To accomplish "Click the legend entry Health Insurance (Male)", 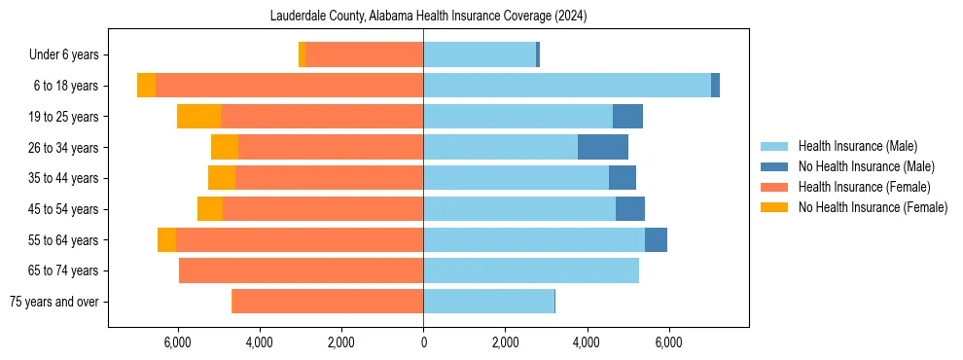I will [857, 146].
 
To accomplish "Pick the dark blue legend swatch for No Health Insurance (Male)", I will [774, 166].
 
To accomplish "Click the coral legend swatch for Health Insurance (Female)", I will [774, 187].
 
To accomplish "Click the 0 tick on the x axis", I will [423, 342].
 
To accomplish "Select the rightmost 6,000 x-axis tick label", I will [668, 342].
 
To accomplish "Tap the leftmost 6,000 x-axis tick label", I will [178, 342].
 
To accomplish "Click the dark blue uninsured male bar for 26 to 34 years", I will [603, 147].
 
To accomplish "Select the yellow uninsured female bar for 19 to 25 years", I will [198, 117].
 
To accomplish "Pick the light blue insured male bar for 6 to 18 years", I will [567, 86].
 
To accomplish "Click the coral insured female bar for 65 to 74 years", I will [301, 270].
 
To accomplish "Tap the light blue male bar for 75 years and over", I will [488, 302].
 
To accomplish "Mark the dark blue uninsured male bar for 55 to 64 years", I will [656, 239].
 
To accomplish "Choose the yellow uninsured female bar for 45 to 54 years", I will [210, 209].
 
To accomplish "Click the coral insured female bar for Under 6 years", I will [364, 55].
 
